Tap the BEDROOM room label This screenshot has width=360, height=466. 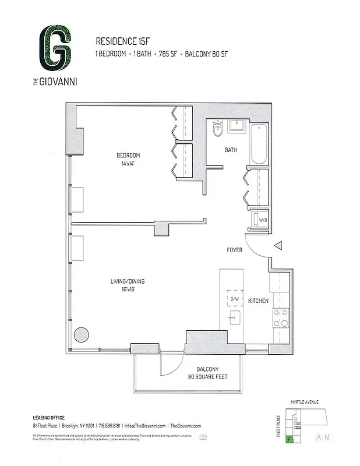click(x=128, y=155)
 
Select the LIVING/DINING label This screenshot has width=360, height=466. click(x=128, y=281)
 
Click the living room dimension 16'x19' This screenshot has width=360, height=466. click(x=128, y=290)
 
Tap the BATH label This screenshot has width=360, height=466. click(x=231, y=150)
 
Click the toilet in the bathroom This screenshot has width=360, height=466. click(x=218, y=129)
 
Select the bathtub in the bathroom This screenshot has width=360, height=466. click(x=259, y=144)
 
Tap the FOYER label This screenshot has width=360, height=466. click(x=235, y=250)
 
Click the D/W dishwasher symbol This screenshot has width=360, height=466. click(x=235, y=298)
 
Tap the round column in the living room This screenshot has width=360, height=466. click(x=81, y=334)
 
